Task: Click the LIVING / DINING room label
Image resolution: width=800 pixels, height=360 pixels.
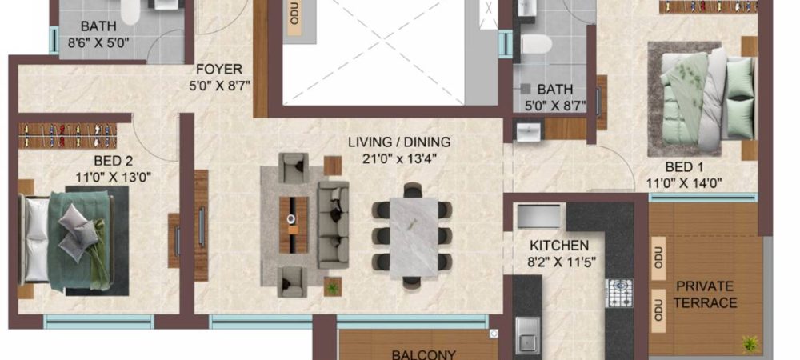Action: [x=399, y=142]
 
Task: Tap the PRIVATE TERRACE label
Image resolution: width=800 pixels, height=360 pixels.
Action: [x=706, y=294]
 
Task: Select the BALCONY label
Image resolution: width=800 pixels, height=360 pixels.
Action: [x=423, y=354]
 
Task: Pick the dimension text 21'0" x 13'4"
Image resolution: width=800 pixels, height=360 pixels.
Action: [x=399, y=158]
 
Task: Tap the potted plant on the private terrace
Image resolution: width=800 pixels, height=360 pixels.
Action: [x=750, y=343]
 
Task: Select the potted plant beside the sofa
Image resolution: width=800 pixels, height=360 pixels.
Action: [x=331, y=286]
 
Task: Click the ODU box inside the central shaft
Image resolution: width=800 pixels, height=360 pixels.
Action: [x=294, y=18]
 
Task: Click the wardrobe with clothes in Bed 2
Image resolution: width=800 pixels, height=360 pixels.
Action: [x=62, y=130]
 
